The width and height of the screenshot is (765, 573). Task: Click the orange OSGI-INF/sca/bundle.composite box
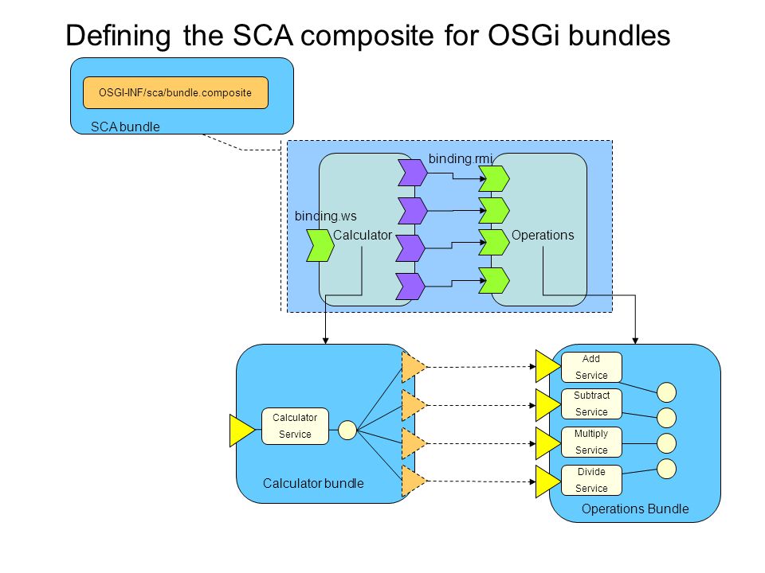(175, 92)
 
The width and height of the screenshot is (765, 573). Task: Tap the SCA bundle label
(125, 127)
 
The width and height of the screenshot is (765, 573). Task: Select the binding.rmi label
(461, 159)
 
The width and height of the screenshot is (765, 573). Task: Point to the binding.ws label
(325, 216)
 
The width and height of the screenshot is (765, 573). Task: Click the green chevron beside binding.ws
(320, 246)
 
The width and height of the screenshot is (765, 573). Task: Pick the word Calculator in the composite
(363, 235)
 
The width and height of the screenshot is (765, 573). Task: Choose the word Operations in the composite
(543, 235)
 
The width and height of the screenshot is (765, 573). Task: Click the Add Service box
(591, 367)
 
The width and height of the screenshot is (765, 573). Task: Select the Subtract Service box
(591, 403)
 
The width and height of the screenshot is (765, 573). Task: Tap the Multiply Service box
(591, 442)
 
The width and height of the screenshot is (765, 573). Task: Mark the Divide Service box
(591, 480)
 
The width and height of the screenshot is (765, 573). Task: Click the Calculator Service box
(295, 426)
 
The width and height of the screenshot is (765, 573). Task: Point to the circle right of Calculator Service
(347, 430)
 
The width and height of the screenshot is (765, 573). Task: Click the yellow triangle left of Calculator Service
(240, 431)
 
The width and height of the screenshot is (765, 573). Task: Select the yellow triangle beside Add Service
(547, 366)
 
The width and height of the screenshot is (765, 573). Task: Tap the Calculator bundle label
(313, 483)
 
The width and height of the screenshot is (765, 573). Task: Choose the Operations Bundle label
(635, 509)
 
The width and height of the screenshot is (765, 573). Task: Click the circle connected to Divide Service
(666, 469)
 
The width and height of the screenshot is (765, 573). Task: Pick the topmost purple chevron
(413, 173)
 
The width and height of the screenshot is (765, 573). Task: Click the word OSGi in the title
(524, 35)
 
